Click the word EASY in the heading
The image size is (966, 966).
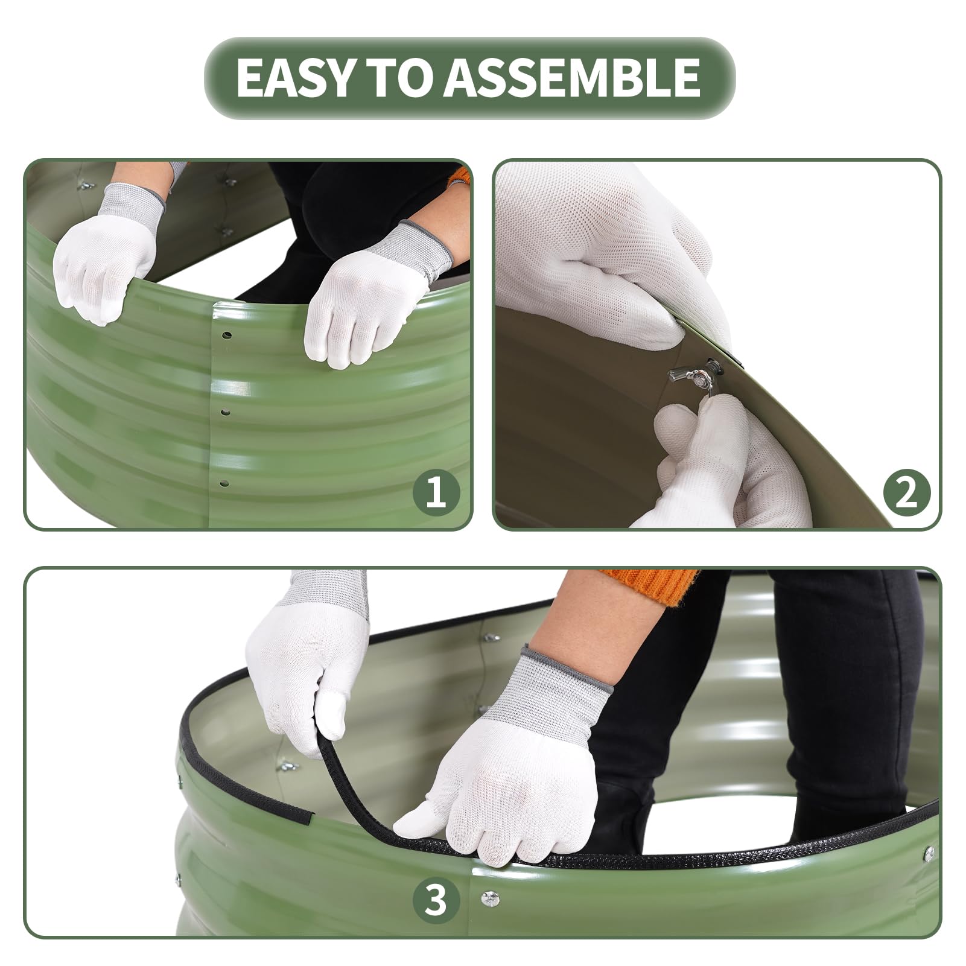293,77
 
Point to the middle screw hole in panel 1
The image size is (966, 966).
225,413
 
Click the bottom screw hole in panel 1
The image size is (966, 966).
224,483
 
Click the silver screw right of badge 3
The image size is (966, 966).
487,898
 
